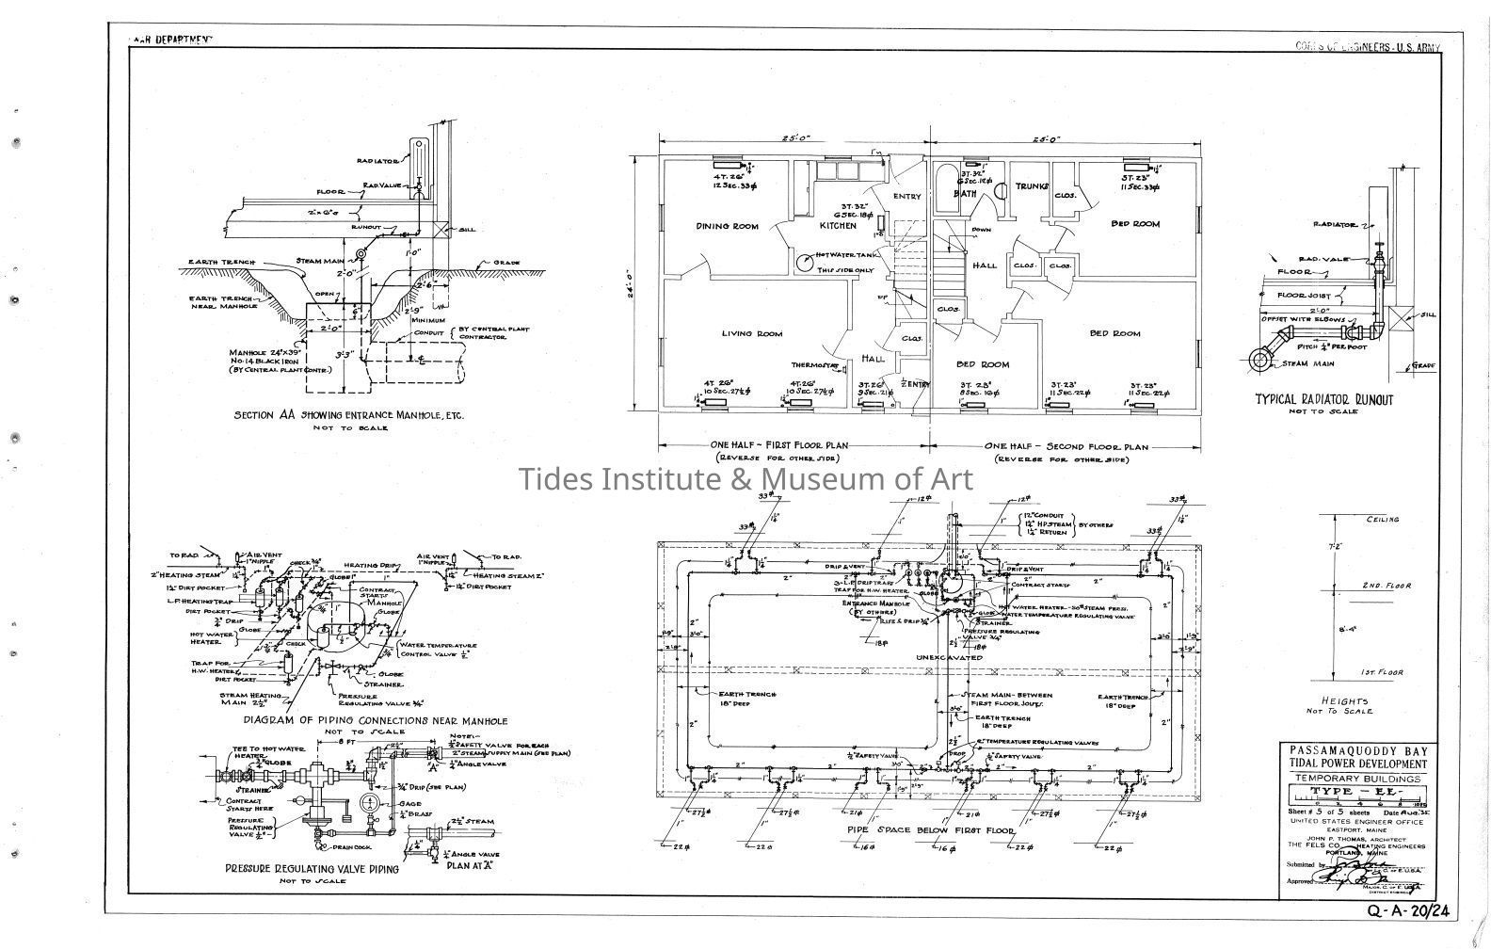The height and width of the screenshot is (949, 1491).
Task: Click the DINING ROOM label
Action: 727,226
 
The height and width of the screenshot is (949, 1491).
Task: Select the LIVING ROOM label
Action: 751,333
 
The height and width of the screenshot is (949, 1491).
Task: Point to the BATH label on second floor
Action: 965,194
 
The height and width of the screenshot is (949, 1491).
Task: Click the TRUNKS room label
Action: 1031,187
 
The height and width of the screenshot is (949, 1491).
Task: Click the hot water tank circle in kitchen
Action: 805,265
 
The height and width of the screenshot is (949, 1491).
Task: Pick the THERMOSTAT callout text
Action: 814,365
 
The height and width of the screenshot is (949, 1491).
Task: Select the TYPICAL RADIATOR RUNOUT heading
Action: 1324,399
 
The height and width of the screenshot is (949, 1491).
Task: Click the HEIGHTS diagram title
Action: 1347,700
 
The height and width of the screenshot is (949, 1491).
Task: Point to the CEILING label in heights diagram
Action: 1383,520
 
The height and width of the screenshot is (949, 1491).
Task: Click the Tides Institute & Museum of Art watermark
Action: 745,478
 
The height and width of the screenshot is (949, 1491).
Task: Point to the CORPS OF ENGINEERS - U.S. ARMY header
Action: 1368,47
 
